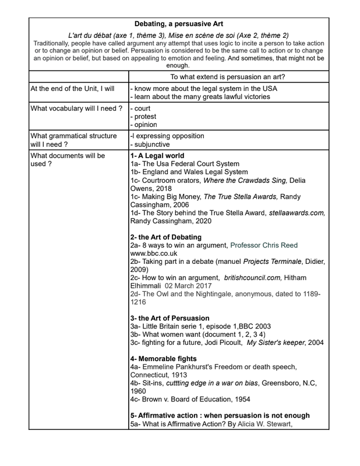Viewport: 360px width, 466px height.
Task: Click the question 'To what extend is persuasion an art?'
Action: pos(227,76)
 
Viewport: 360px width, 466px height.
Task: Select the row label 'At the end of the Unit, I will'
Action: pos(72,89)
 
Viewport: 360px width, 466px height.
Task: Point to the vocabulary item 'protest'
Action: pos(146,116)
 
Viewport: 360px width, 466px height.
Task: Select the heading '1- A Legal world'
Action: pos(157,156)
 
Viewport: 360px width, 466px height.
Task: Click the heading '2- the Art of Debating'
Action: pos(166,237)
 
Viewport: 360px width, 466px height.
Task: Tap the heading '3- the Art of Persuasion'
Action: pos(170,318)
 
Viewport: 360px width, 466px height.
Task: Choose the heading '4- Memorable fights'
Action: pos(163,358)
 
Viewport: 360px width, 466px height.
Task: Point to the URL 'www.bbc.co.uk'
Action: pos(154,254)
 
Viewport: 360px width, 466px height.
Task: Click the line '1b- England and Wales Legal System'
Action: pos(189,172)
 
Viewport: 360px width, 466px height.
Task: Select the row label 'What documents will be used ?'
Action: pos(68,160)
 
